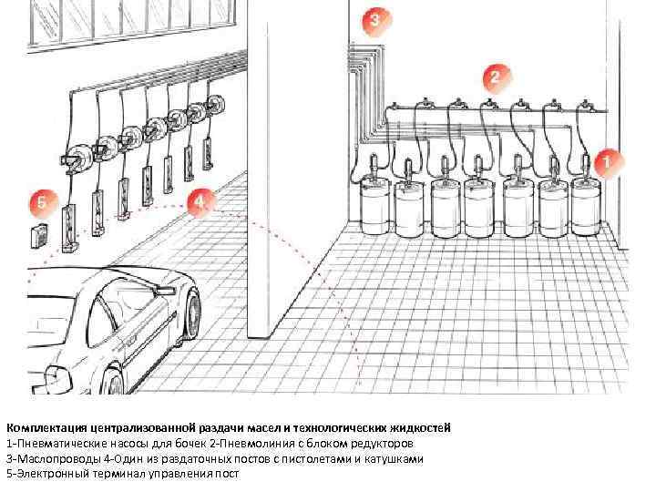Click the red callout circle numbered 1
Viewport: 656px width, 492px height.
coord(607,162)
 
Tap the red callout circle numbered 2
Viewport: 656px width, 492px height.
coord(497,77)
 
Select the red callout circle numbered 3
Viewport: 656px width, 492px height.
coord(376,20)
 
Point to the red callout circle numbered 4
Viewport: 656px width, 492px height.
coord(200,202)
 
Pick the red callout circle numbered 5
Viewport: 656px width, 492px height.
coord(42,203)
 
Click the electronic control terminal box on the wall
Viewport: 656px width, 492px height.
coord(38,236)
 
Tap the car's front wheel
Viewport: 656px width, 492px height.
coord(192,313)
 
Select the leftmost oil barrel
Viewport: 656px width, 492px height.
coord(374,204)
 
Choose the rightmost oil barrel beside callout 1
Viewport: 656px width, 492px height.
coord(586,207)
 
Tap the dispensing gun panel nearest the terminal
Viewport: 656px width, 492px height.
coord(70,229)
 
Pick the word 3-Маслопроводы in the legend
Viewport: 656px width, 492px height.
coord(53,459)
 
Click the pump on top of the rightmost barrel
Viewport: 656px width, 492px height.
coord(586,168)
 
